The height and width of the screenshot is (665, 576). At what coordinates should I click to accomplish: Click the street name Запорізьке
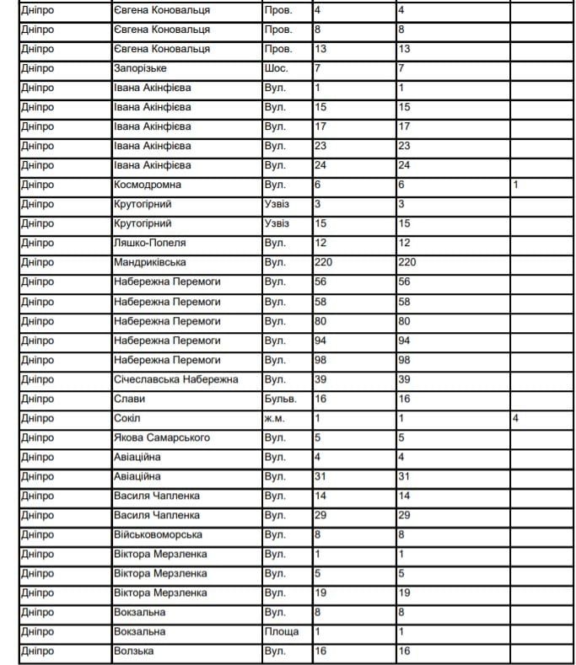[140, 68]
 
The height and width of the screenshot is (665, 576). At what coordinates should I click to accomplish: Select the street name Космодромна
[148, 185]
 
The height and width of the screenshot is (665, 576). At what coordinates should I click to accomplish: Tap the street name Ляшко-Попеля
[149, 243]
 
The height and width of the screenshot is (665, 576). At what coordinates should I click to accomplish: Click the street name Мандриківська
[152, 262]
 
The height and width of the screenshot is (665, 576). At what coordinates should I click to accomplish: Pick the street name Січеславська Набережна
[176, 379]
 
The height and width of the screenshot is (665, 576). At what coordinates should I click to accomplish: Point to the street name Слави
[129, 399]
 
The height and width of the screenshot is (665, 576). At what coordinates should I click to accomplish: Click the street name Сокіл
[127, 418]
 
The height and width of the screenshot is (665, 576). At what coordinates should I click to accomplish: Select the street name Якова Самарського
[162, 437]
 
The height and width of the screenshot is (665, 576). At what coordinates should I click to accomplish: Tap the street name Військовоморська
[158, 534]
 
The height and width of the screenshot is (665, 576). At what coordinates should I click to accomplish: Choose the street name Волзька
[134, 652]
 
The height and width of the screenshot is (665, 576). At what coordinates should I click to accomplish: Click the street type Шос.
[276, 68]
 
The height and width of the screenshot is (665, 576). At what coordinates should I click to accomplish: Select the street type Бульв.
[279, 399]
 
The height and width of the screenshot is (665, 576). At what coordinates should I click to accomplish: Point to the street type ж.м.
[276, 418]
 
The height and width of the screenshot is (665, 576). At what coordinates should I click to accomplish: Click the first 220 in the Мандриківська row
[323, 262]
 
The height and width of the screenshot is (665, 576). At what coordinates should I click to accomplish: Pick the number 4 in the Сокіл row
[514, 418]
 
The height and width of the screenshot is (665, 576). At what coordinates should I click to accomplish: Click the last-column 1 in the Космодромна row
[514, 185]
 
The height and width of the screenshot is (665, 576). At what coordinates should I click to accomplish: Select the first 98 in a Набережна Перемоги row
[320, 360]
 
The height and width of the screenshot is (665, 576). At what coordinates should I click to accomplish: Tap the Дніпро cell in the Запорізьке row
[37, 68]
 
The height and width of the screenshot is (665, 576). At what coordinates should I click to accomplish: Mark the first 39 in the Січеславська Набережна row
[320, 379]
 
